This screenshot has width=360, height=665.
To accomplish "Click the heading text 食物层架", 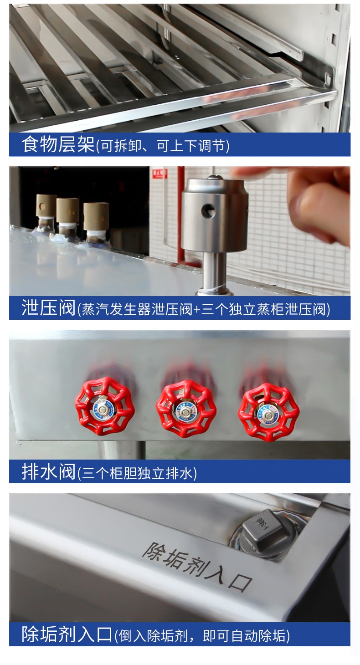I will (x=57, y=145).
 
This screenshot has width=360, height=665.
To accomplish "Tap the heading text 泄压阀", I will (x=48, y=308).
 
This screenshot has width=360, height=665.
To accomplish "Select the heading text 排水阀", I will (x=48, y=471).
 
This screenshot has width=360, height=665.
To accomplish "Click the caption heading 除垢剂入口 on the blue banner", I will (x=67, y=634).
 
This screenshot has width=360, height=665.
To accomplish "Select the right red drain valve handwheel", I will (x=268, y=411).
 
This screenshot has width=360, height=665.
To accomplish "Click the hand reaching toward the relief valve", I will (x=310, y=200).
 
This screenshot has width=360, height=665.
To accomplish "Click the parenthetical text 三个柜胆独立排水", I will (x=137, y=473).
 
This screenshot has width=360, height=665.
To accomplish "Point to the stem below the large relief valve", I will (x=214, y=271).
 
